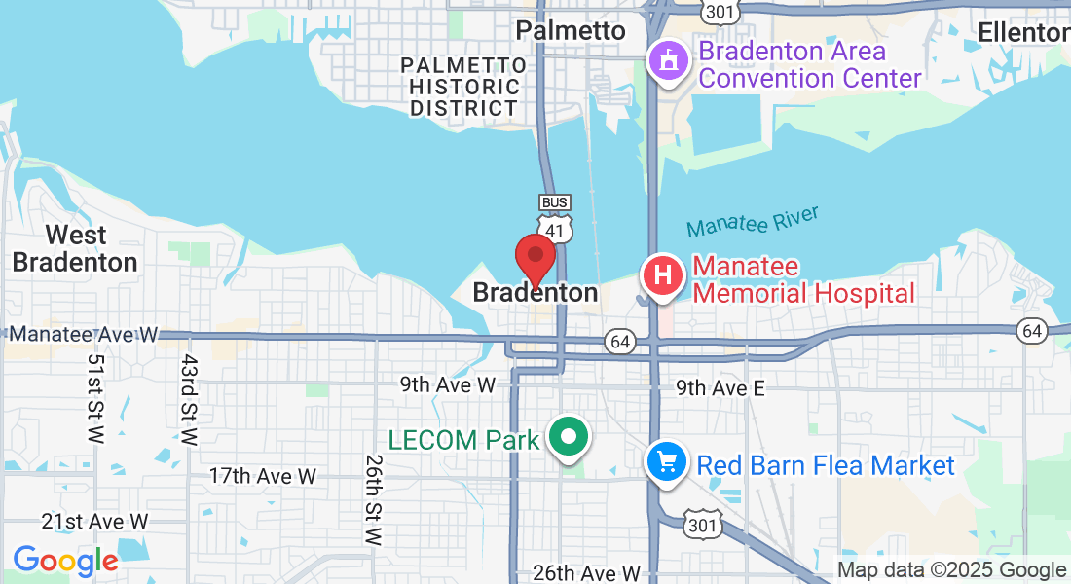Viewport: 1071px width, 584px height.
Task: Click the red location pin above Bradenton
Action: [x=535, y=258]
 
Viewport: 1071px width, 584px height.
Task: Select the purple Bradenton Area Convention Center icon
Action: [x=669, y=61]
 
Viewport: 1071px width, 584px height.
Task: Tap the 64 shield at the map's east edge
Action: [x=1033, y=331]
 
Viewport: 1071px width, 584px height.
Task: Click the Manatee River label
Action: [x=753, y=222]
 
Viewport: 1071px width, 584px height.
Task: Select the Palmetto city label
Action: [x=571, y=31]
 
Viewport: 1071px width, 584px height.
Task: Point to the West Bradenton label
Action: [x=76, y=248]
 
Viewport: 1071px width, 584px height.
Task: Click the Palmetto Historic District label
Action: [x=464, y=87]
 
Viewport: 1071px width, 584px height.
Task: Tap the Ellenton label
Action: [x=1022, y=32]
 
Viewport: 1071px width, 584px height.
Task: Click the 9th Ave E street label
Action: [x=720, y=388]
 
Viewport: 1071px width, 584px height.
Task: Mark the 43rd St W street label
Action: [x=188, y=399]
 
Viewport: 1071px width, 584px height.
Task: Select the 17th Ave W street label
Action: [x=263, y=476]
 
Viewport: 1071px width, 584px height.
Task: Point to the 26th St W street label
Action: [x=374, y=498]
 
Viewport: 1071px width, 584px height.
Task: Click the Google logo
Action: [x=65, y=561]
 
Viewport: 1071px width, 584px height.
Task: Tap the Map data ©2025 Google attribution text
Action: [x=952, y=570]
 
